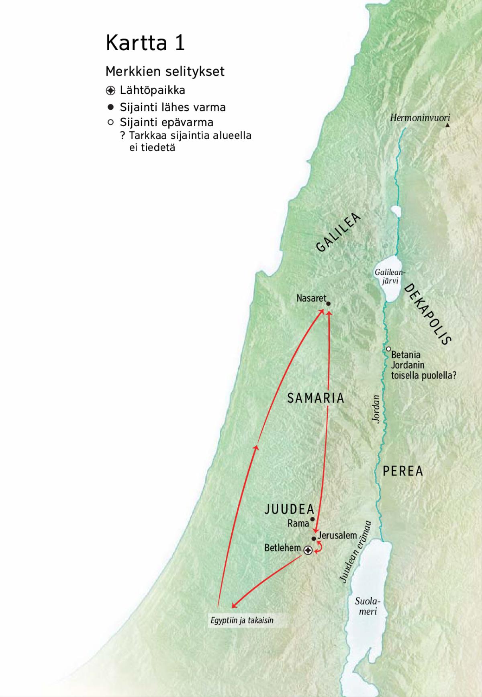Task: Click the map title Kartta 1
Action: click(x=145, y=43)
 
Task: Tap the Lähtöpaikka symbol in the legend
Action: click(x=110, y=90)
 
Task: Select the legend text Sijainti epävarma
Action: click(x=166, y=122)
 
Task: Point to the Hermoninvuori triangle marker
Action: click(x=447, y=125)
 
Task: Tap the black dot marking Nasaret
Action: click(x=328, y=304)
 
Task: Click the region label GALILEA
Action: click(x=338, y=233)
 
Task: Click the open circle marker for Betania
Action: click(x=388, y=349)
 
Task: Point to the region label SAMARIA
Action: click(x=316, y=398)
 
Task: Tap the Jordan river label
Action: click(x=376, y=409)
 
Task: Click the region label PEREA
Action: click(x=403, y=471)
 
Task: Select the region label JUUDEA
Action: click(x=289, y=509)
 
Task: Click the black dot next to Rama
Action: click(x=312, y=519)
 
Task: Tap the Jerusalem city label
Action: click(x=337, y=535)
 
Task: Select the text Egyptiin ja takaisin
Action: click(x=242, y=620)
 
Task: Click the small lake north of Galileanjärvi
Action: click(x=396, y=212)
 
